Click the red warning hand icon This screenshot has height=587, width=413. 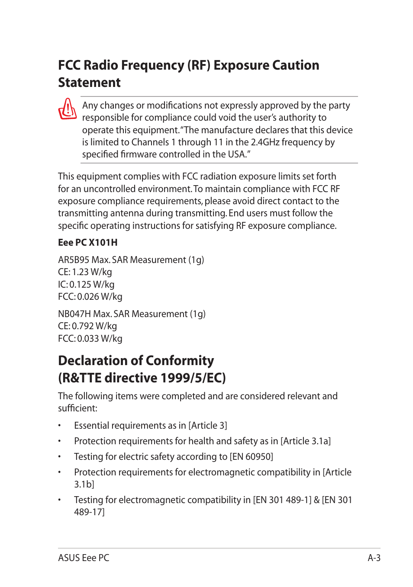coord(68,109)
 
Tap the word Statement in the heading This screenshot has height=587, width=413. coord(90,83)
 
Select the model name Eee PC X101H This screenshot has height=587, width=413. coord(88,243)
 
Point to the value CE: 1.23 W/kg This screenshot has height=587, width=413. coord(85,272)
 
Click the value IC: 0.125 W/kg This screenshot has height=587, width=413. coord(86,285)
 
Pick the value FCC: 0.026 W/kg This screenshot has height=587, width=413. coord(90,297)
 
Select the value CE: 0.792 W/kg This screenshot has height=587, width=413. coord(87,326)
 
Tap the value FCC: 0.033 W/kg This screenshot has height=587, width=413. coord(90,339)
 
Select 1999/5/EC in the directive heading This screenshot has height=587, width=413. coord(193,378)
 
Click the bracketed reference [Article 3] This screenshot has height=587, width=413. coord(208,426)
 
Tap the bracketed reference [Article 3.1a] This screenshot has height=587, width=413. coord(306,441)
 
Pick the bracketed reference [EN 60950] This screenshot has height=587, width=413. coord(252,457)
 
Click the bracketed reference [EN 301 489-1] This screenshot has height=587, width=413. coord(282,500)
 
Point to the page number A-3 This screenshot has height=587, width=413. coord(374,558)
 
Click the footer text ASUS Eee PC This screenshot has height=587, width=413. coord(84,558)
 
